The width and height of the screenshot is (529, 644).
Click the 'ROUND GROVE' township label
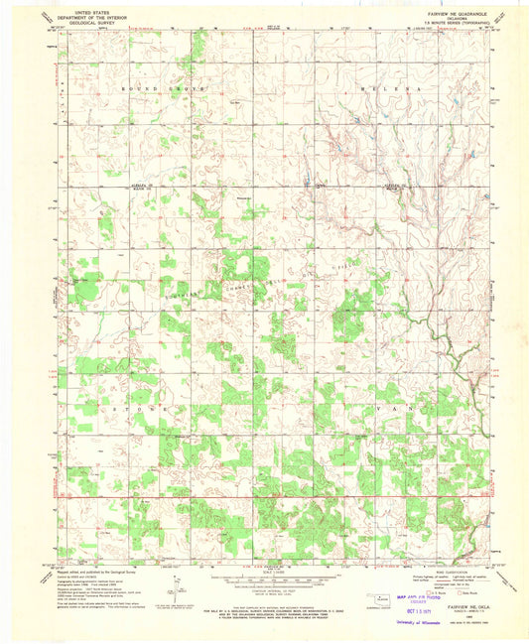click(162, 88)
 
